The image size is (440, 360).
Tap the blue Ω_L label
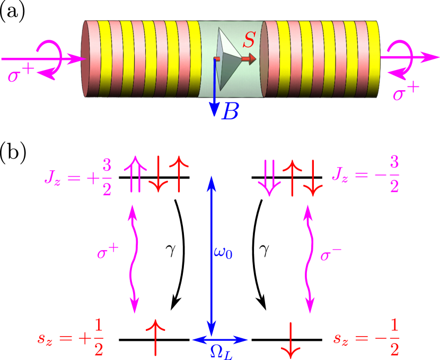click(221, 352)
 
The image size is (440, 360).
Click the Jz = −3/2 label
click(366, 175)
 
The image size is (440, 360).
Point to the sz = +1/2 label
click(71, 338)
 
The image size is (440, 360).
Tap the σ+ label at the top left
click(21, 75)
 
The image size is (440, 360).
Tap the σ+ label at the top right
click(406, 92)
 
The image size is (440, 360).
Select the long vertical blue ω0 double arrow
click(212, 254)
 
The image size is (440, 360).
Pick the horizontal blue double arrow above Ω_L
click(219, 339)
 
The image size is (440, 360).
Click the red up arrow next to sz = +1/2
click(155, 337)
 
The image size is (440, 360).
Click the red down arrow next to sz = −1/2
click(291, 338)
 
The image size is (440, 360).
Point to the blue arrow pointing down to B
click(214, 87)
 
